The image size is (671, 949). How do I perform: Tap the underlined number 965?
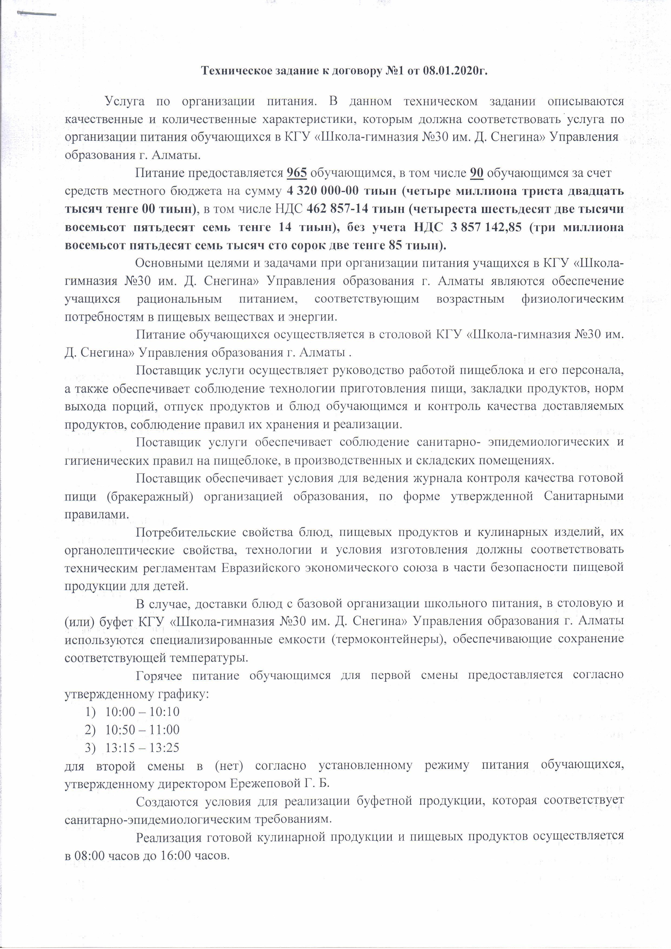297,173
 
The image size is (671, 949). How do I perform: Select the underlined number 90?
477,173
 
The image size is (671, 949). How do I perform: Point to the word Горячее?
159,675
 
